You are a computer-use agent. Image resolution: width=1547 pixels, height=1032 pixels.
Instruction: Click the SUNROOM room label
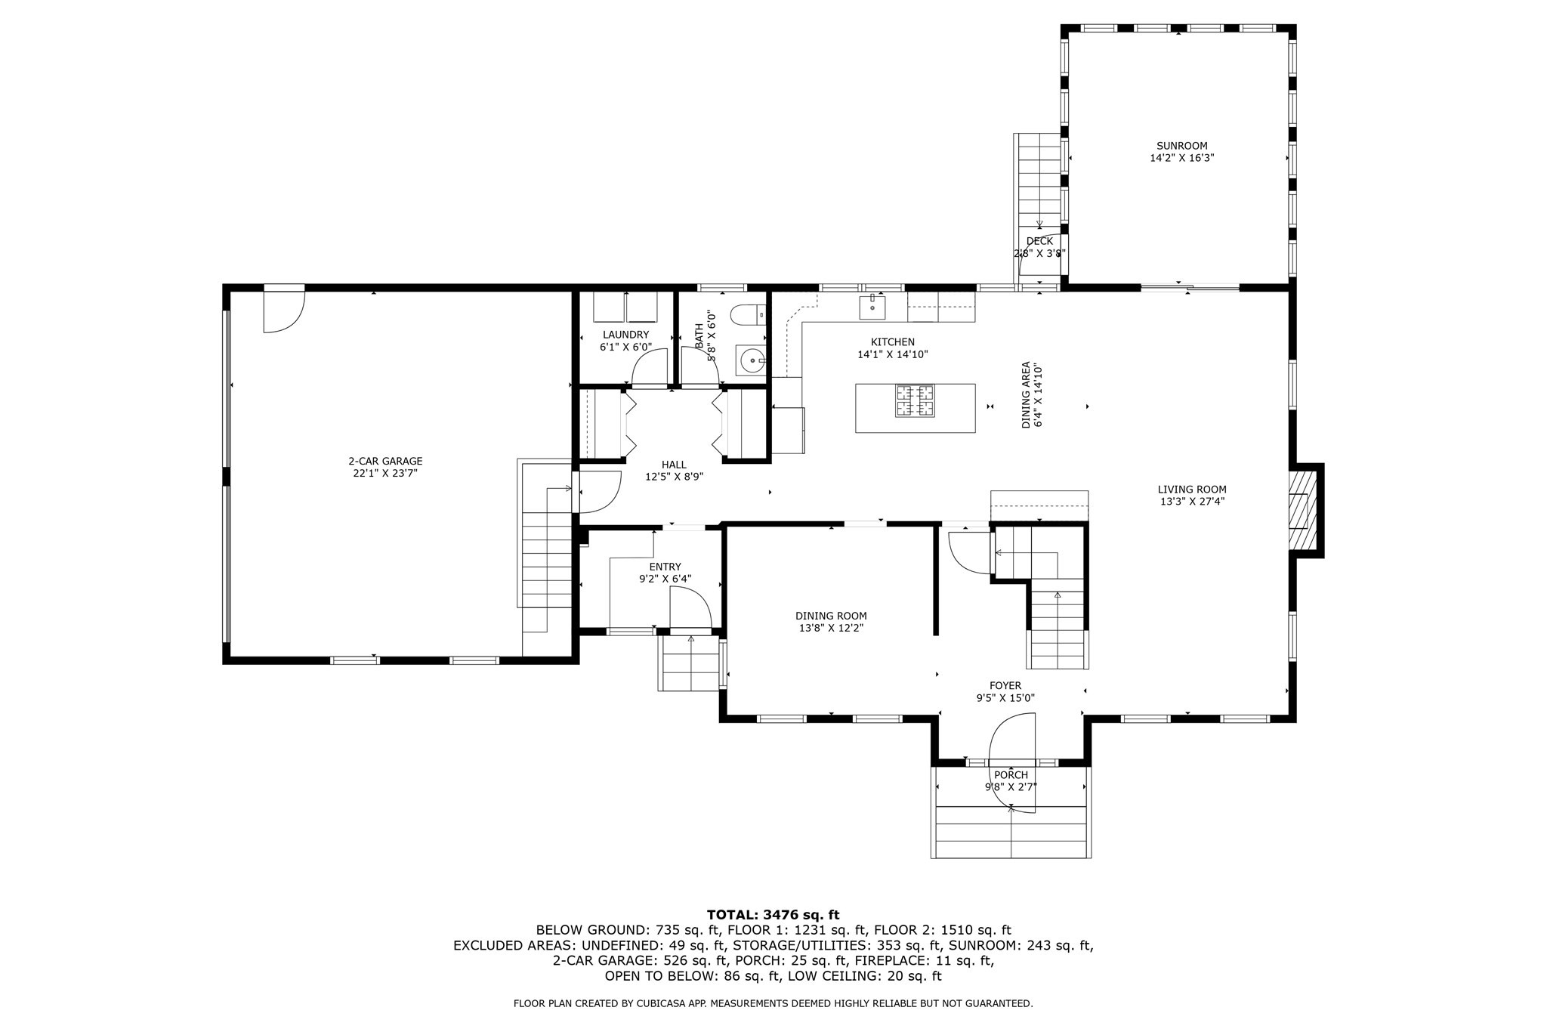pyautogui.click(x=1181, y=146)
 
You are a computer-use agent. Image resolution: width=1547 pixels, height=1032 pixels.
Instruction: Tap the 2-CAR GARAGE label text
pyautogui.click(x=385, y=461)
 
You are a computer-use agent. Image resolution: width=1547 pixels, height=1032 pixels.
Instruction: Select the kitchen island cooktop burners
pyautogui.click(x=915, y=400)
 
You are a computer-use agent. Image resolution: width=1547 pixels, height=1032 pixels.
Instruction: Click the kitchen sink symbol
pyautogui.click(x=872, y=305)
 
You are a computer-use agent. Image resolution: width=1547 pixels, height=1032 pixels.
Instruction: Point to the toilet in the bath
pyautogui.click(x=749, y=314)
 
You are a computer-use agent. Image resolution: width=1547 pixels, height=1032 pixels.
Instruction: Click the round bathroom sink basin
pyautogui.click(x=752, y=361)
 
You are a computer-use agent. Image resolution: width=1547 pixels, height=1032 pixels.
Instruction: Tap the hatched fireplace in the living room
pyautogui.click(x=1301, y=511)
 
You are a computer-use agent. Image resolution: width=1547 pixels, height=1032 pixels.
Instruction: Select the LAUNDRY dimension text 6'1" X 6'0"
pyautogui.click(x=625, y=347)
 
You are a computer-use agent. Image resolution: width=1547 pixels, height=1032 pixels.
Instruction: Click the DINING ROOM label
pyautogui.click(x=831, y=616)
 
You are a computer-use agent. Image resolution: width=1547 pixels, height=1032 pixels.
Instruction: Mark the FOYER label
pyautogui.click(x=1005, y=686)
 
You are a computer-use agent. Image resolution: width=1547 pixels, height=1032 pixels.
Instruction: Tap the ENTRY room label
pyautogui.click(x=665, y=567)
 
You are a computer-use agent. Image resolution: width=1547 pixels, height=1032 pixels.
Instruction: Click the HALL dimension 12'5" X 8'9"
pyautogui.click(x=674, y=477)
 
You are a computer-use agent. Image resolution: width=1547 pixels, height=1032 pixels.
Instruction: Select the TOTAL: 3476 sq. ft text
pyautogui.click(x=773, y=915)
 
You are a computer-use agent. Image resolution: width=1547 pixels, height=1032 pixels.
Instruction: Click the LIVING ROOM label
pyautogui.click(x=1192, y=489)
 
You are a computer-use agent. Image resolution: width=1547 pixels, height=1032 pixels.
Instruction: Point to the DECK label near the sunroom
pyautogui.click(x=1039, y=241)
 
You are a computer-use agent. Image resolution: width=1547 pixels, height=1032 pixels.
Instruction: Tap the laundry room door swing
pyautogui.click(x=650, y=368)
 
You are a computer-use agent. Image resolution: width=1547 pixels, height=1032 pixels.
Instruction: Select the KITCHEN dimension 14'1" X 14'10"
pyautogui.click(x=892, y=354)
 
